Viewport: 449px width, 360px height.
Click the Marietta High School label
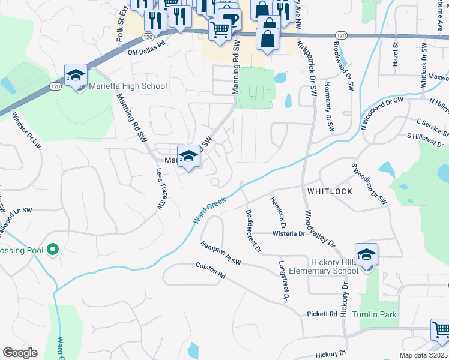click(128, 86)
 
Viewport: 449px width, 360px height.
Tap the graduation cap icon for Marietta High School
click(76, 76)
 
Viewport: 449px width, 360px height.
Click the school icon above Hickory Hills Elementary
click(366, 254)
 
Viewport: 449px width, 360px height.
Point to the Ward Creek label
click(209, 211)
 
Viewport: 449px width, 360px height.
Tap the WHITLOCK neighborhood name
click(329, 191)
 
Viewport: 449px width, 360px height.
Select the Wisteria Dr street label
click(289, 234)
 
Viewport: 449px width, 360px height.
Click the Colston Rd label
click(210, 271)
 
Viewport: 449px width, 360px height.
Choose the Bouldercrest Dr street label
click(253, 230)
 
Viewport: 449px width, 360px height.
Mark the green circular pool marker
click(53, 249)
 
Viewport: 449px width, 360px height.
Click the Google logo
click(20, 353)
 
